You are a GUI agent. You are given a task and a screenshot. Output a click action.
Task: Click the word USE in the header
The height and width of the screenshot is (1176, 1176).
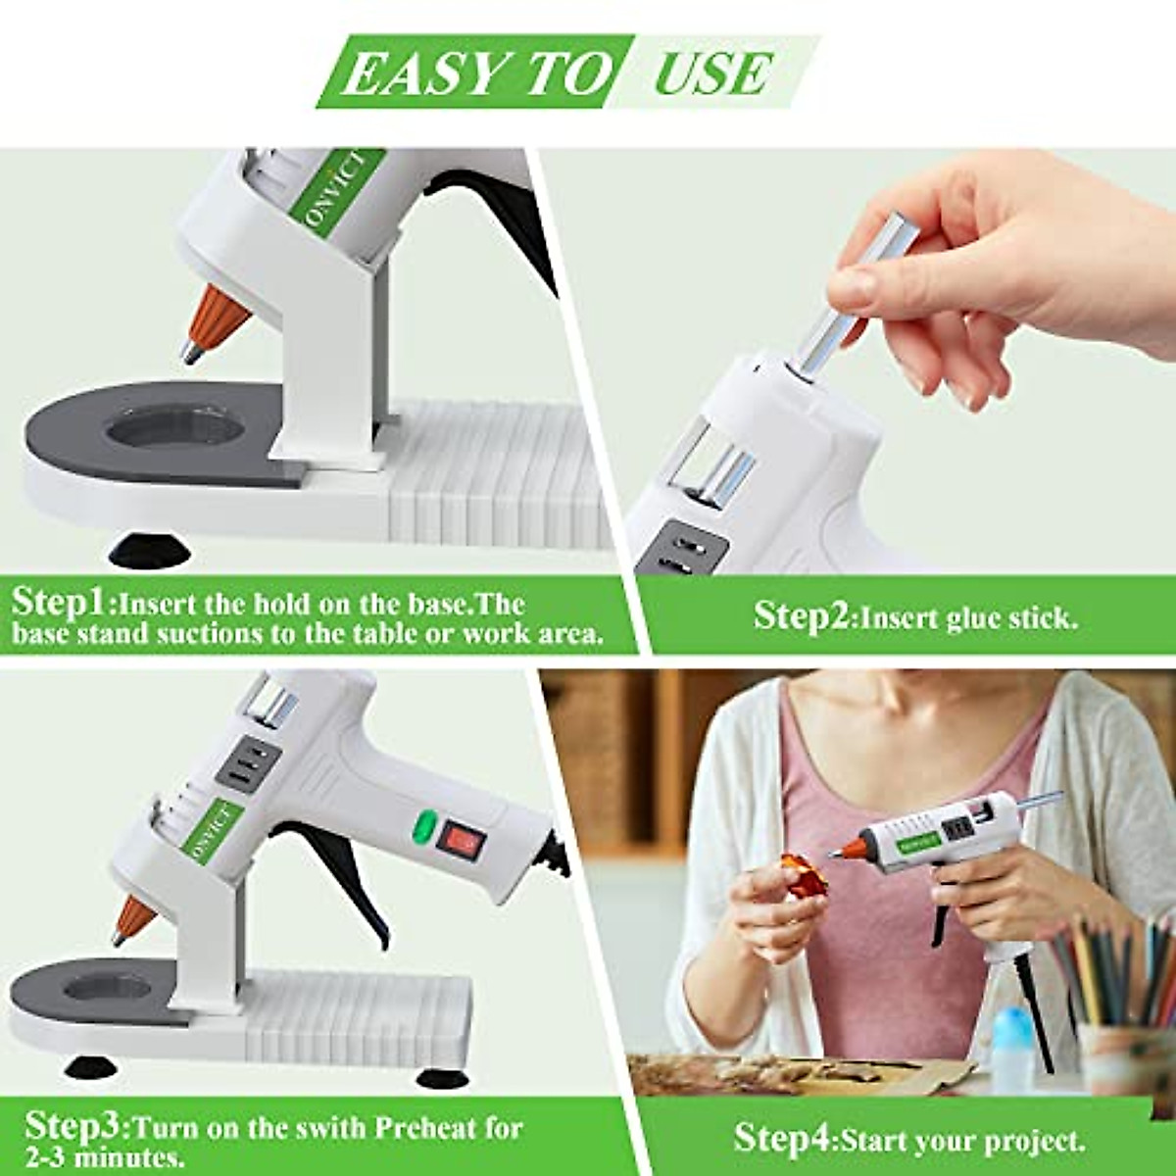pyautogui.click(x=712, y=73)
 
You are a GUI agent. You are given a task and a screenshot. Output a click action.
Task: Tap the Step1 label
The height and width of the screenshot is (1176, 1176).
pyautogui.click(x=62, y=601)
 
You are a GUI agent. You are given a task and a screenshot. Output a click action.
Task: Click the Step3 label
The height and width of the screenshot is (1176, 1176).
pyautogui.click(x=75, y=1125)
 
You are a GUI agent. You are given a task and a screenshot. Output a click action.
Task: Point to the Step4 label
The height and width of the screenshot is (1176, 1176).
pyautogui.click(x=781, y=1139)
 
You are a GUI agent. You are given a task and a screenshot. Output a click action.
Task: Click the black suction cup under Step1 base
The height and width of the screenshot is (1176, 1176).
pyautogui.click(x=149, y=549)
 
